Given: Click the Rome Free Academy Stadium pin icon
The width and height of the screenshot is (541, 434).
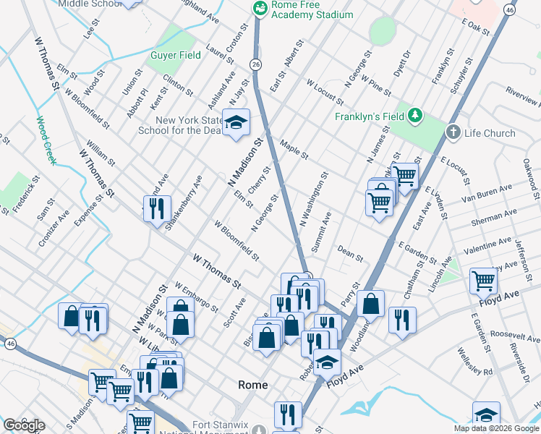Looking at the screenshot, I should [258, 8].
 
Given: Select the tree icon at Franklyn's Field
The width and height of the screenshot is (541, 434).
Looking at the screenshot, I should [415, 116].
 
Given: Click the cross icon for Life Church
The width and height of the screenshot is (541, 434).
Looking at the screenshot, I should [453, 132].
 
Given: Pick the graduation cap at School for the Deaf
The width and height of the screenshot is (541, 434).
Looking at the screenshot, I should [235, 123].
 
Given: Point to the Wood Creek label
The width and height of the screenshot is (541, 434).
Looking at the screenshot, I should [45, 140].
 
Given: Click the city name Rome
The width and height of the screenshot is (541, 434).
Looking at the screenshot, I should [253, 386].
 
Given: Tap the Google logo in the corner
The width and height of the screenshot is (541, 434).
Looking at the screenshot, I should [23, 425].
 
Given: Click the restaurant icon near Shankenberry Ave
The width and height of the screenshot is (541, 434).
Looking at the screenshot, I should [157, 208].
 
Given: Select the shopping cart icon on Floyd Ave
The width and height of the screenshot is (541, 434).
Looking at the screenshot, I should [483, 281].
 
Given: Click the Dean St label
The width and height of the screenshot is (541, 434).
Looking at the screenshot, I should [350, 252].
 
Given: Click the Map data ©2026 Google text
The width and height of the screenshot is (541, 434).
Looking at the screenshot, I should [495, 428].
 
